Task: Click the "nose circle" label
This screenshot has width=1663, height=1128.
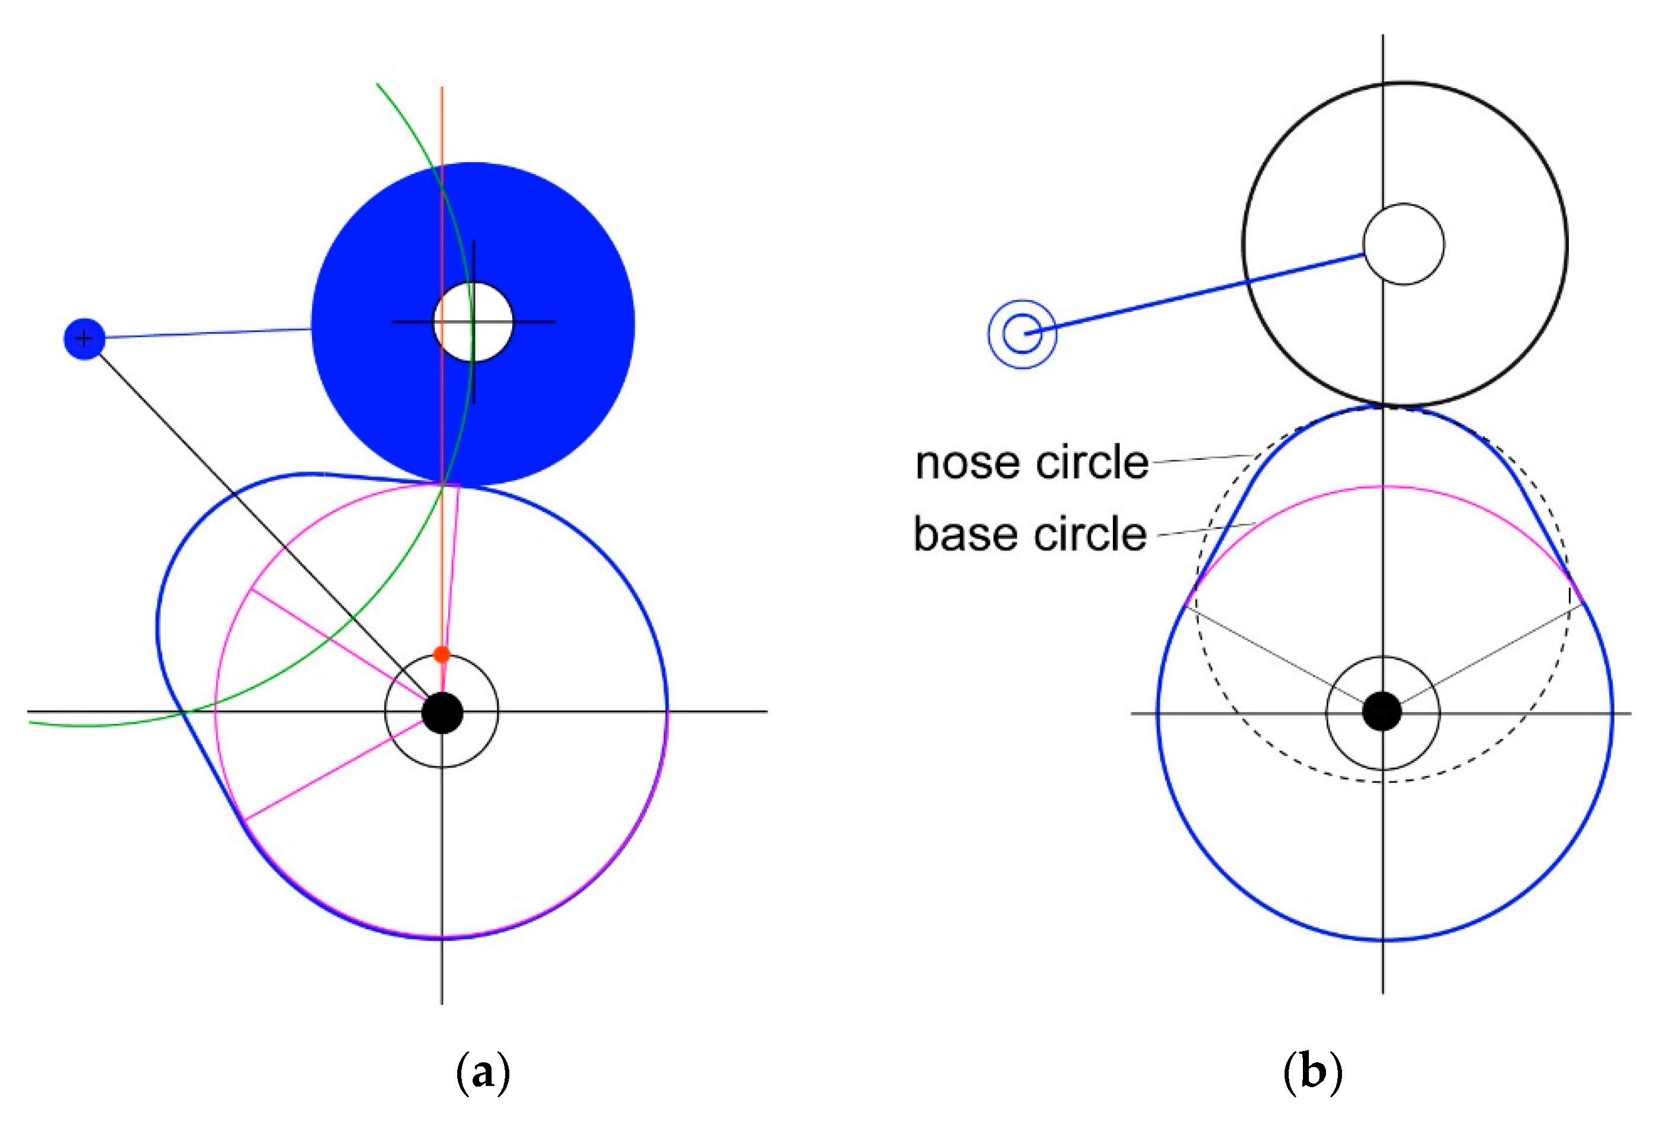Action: (x=1031, y=463)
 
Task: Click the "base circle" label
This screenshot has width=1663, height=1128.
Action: (x=1030, y=534)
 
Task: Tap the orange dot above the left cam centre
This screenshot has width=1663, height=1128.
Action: (x=441, y=654)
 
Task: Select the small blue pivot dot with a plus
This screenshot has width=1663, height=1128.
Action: (x=85, y=339)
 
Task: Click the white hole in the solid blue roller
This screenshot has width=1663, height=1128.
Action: (x=473, y=322)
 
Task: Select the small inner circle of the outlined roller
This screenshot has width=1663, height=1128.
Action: (x=1403, y=244)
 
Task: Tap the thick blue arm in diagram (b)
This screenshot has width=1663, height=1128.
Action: (x=1195, y=294)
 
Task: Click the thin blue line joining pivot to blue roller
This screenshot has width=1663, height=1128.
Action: (x=207, y=333)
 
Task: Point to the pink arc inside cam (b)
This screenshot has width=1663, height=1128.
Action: (x=1382, y=487)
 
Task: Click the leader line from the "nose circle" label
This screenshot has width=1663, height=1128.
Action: (x=1202, y=459)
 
